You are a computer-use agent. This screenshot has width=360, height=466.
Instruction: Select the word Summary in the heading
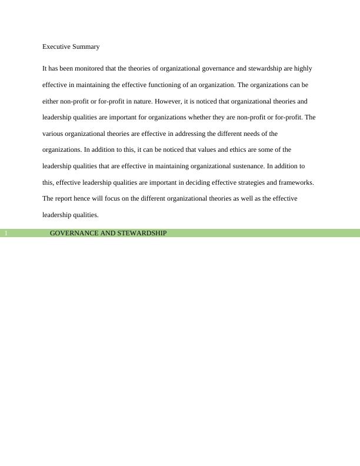pyautogui.click(x=86, y=46)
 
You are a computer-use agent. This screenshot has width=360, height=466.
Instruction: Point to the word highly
pyautogui.click(x=303, y=68)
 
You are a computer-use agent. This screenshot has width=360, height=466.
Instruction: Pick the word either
pyautogui.click(x=51, y=101)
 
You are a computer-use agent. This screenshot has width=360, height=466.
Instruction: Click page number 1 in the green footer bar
pyautogui.click(x=6, y=234)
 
